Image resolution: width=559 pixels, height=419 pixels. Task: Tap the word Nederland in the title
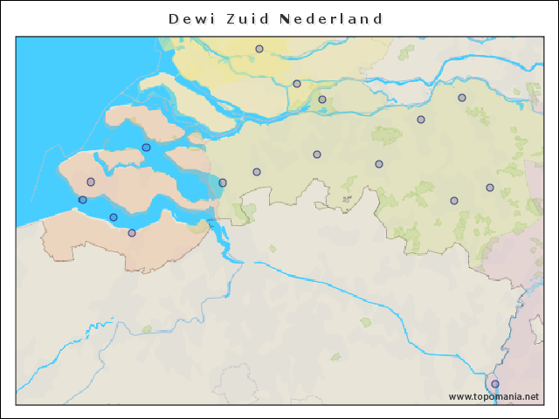click(331, 18)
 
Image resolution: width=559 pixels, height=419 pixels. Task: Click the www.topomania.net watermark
click(493, 396)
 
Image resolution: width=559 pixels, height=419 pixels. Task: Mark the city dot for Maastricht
click(495, 384)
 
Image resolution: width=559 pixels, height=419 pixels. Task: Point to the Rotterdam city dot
click(259, 49)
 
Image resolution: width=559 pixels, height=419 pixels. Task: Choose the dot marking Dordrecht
click(297, 84)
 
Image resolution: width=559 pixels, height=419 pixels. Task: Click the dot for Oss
click(462, 98)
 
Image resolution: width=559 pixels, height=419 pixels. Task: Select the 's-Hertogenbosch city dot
click(421, 120)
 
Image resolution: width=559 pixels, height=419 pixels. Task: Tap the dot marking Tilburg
click(379, 164)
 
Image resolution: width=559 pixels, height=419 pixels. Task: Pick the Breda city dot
click(317, 155)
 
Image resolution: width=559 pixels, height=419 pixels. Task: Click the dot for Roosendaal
click(257, 172)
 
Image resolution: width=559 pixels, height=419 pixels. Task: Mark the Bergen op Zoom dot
click(223, 182)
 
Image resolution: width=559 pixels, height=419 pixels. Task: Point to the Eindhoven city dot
click(454, 201)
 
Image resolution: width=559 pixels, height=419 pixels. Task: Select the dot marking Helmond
click(490, 188)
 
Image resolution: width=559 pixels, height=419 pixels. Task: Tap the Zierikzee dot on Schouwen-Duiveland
click(146, 148)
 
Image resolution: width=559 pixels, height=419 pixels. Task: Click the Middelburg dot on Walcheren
click(91, 182)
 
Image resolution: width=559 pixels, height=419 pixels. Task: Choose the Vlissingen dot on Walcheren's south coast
click(83, 200)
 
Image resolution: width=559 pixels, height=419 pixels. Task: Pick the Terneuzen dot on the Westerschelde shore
click(114, 217)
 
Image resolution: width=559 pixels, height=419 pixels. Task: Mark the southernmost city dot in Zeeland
click(132, 233)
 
